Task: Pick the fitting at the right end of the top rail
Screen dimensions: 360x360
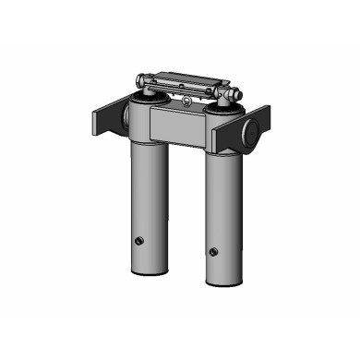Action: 233,92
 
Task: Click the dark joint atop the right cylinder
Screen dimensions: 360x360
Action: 222,105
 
